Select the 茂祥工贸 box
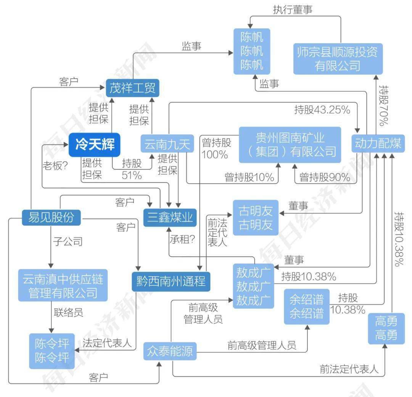tap(132, 88)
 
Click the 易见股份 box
tap(51, 217)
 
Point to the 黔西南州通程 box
tap(171, 282)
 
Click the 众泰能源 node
tap(170, 351)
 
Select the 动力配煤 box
tap(378, 144)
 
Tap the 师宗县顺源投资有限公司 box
tap(338, 59)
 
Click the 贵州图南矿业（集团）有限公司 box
tap(290, 145)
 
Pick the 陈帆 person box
tap(252, 51)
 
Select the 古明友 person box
tap(256, 217)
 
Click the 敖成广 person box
tap(254, 286)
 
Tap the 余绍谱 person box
tap(306, 307)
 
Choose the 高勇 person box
tap(386, 328)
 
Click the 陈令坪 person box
tap(52, 351)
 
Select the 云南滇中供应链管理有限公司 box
tap(63, 286)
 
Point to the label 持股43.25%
tap(322, 110)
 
